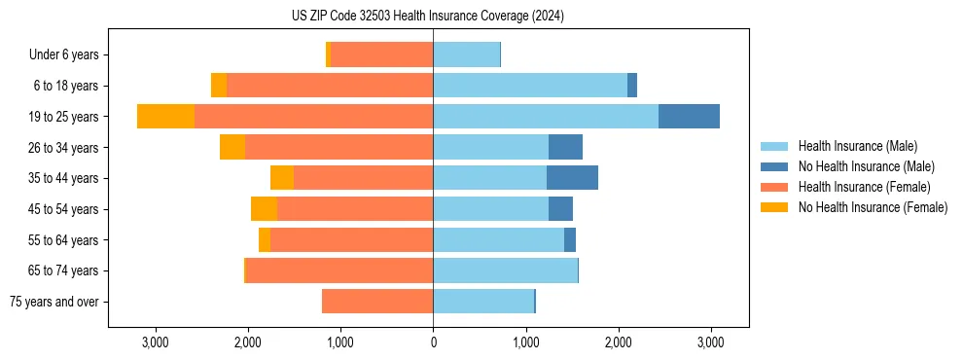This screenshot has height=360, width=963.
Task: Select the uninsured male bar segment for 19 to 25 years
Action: point(689,117)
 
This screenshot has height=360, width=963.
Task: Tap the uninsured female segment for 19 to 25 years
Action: point(165,117)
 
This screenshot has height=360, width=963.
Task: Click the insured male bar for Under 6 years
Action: point(466,55)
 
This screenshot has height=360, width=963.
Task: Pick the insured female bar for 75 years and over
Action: point(377,302)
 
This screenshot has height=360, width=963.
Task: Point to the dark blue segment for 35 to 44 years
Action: point(572,178)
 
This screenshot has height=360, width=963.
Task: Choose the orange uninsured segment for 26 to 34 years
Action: point(232,147)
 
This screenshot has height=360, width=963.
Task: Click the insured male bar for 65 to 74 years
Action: point(505,270)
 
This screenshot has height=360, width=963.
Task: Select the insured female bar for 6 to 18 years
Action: point(330,86)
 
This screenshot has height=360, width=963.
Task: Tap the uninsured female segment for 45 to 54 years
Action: point(264,209)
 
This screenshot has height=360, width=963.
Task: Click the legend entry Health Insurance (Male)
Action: point(857,146)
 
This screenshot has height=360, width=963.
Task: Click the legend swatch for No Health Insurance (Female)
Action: point(775,207)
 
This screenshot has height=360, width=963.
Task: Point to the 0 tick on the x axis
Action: point(433,342)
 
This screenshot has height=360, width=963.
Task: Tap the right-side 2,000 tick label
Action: point(619,342)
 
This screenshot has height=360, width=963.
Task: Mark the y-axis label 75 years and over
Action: point(54,302)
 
